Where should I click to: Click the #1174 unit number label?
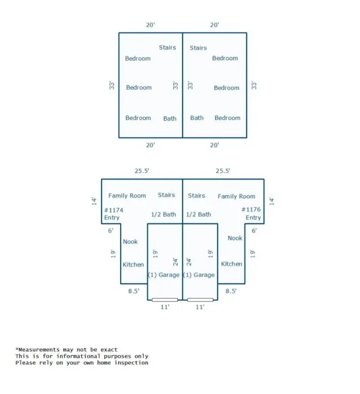point(113,210)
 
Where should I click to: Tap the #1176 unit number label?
point(251,209)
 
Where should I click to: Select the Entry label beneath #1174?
point(112,218)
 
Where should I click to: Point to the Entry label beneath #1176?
point(253,218)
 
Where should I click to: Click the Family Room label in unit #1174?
point(127,196)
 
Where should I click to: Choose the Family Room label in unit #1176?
point(236,196)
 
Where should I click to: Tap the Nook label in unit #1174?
point(130,242)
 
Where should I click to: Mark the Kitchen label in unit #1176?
point(232,264)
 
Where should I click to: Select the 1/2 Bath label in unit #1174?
point(163,214)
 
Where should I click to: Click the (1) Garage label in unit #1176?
point(199,275)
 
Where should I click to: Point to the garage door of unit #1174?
point(165,300)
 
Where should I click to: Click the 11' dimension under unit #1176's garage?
point(200,307)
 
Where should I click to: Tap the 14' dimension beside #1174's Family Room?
point(94,201)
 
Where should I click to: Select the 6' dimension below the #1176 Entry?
point(254,231)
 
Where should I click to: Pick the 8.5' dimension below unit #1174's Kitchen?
point(134,291)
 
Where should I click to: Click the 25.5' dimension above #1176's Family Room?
point(223,171)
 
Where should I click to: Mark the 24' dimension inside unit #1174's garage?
point(175,262)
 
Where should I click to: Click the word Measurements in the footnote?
point(39,350)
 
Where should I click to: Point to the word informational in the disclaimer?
point(78,357)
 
